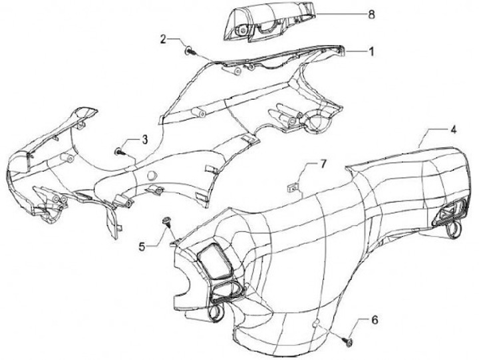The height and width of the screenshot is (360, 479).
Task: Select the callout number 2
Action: [163, 39]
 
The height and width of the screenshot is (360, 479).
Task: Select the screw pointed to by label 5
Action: [167, 220]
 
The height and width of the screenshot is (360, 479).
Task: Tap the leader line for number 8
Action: [339, 13]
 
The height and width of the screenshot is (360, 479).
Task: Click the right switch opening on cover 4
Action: [446, 214]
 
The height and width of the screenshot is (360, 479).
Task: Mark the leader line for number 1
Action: [356, 51]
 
